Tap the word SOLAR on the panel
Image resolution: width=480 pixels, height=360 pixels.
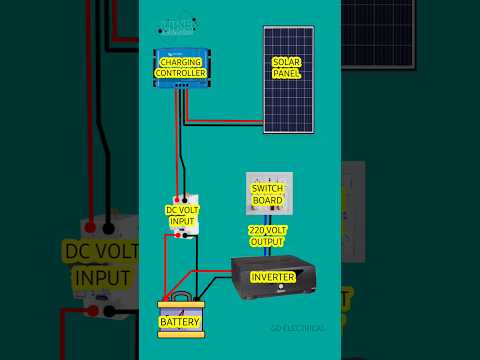(286, 62)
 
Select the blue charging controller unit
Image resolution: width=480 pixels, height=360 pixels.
(181, 67)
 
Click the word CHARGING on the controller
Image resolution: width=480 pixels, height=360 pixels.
(181, 62)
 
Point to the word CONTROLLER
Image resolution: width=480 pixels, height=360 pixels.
(181, 73)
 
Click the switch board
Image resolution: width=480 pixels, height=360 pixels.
(268, 193)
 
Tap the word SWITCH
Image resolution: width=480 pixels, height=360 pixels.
(268, 188)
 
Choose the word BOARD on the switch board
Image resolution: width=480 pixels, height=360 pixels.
(268, 200)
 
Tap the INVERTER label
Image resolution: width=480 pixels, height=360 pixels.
(272, 277)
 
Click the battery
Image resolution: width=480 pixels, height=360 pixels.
(181, 318)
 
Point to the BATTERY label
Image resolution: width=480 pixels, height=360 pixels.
(181, 322)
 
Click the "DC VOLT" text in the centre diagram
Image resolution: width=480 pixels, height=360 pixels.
(183, 210)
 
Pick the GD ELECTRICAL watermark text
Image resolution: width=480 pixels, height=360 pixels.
(297, 328)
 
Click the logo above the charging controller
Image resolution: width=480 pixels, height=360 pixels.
(178, 26)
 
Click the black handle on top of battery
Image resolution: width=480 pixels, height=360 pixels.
(181, 296)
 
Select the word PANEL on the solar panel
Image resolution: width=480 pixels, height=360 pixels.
(286, 74)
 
